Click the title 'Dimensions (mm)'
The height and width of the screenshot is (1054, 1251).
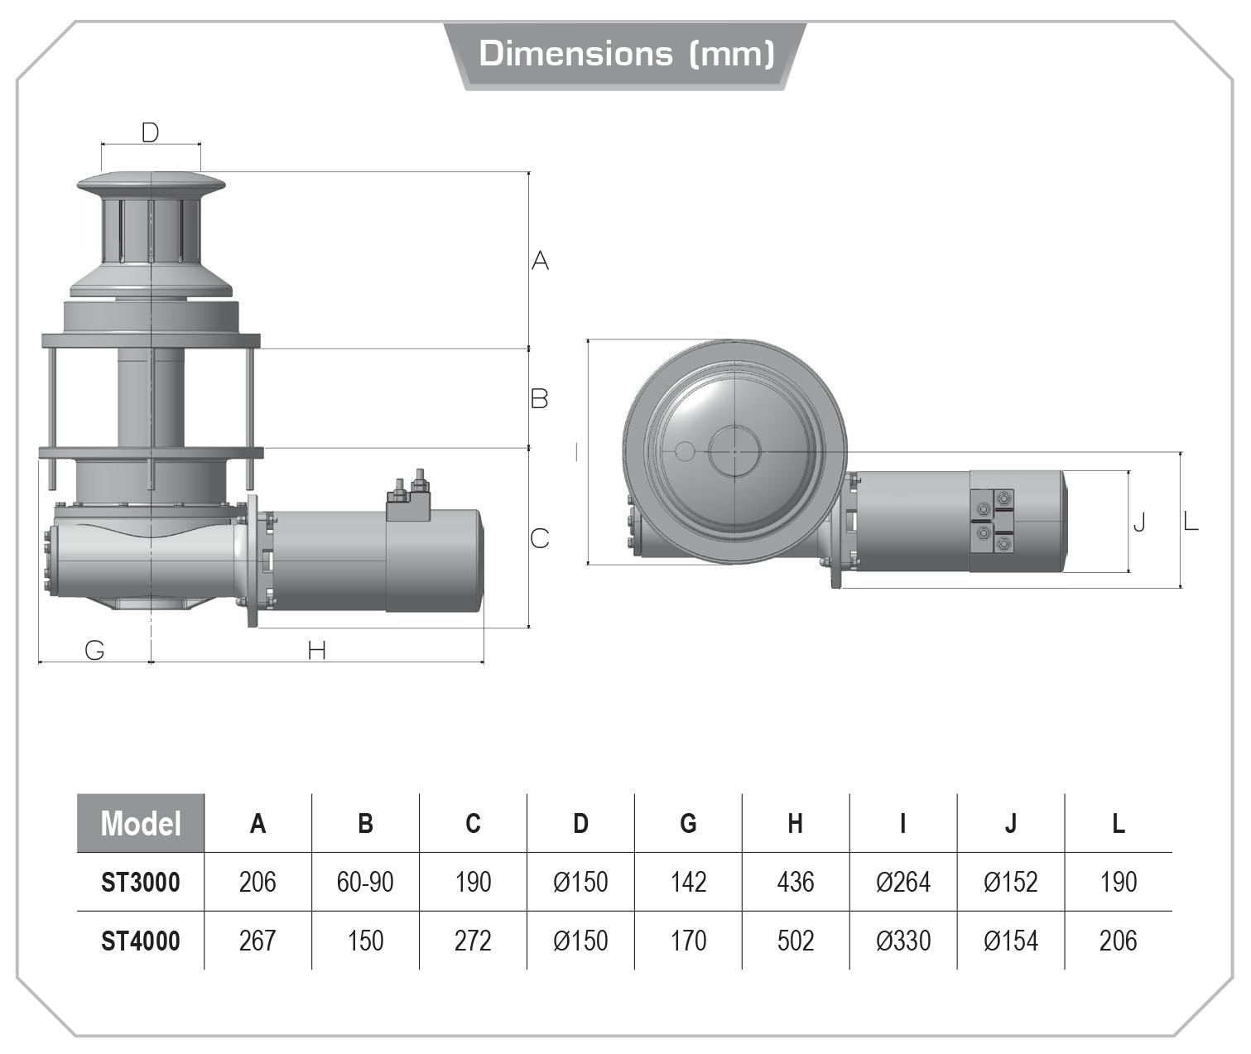[x=626, y=54]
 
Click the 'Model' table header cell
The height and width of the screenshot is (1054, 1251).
[x=141, y=824]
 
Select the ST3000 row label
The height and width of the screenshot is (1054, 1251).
[x=141, y=883]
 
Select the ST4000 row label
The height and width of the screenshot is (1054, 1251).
[x=141, y=941]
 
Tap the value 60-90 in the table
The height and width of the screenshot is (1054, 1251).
[x=365, y=883]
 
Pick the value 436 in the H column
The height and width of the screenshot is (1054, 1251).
[x=796, y=883]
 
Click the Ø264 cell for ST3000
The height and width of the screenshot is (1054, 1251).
[x=903, y=883]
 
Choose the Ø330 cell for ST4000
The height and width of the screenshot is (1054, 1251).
[x=903, y=941]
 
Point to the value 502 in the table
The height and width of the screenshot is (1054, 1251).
[x=796, y=941]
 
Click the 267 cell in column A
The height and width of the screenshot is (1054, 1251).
[x=257, y=941]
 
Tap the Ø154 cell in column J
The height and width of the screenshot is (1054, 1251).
[x=1011, y=941]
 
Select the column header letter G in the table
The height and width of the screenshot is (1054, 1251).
[x=688, y=824]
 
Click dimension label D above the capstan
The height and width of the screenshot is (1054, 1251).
[x=150, y=132]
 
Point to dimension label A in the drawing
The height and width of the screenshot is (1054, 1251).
[x=540, y=261]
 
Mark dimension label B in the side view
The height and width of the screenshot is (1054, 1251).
[x=539, y=399]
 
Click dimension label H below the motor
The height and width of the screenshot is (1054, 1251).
[x=316, y=652]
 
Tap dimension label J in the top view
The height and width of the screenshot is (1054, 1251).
[x=1140, y=522]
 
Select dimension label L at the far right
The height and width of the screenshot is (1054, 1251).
[x=1191, y=522]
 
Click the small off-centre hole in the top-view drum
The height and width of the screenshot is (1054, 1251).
[x=685, y=451]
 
